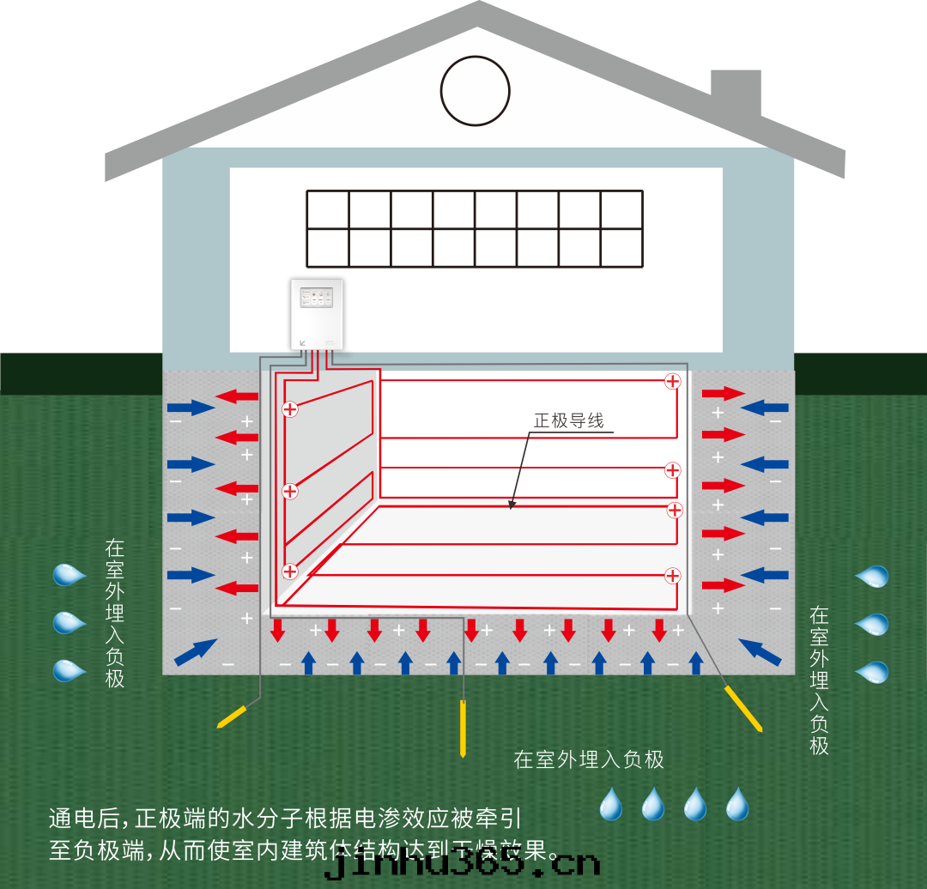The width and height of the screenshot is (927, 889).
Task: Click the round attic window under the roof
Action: (x=475, y=91)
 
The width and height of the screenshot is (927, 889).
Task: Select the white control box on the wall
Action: (x=317, y=314)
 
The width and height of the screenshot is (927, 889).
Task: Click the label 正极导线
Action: (x=568, y=420)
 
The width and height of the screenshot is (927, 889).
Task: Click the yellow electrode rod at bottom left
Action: (x=233, y=716)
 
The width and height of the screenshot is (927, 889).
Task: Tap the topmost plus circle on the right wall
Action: (x=672, y=381)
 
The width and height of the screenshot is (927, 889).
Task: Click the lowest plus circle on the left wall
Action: (x=290, y=571)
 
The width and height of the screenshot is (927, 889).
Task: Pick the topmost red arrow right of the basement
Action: (x=724, y=394)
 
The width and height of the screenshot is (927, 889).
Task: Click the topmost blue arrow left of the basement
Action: (x=191, y=407)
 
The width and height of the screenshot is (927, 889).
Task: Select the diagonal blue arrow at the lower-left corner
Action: (x=195, y=652)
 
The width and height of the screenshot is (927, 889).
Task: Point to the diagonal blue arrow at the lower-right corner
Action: (x=760, y=652)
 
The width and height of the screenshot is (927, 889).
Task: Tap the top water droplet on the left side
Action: (x=69, y=574)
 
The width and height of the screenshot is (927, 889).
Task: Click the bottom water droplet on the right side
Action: (x=872, y=671)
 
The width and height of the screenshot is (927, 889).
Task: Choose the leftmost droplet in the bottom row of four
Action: (x=610, y=804)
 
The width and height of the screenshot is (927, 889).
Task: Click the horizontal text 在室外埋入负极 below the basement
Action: (x=589, y=759)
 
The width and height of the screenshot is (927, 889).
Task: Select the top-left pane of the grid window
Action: (x=328, y=210)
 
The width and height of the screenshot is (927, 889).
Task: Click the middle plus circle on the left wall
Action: (x=290, y=491)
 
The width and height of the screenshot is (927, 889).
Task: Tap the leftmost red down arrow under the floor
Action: (x=277, y=631)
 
